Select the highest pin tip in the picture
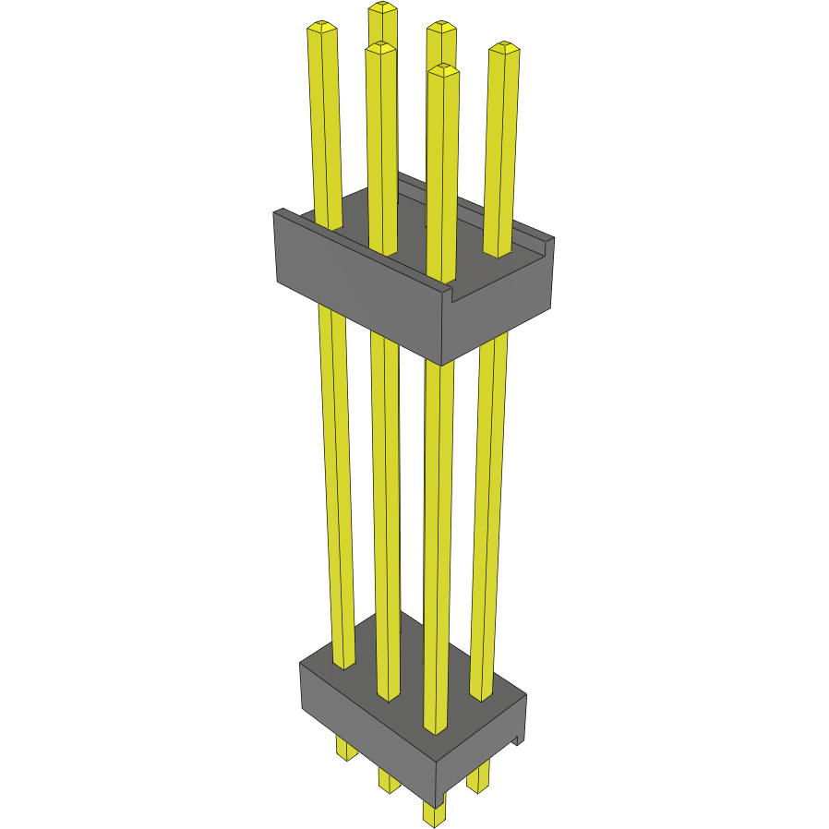click(381, 8)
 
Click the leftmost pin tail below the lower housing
click(346, 749)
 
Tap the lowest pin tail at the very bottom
click(434, 812)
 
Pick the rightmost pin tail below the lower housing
click(478, 778)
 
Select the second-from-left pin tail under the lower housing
click(389, 781)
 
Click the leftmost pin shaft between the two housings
click(336, 480)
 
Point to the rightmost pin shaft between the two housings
click(487, 508)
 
